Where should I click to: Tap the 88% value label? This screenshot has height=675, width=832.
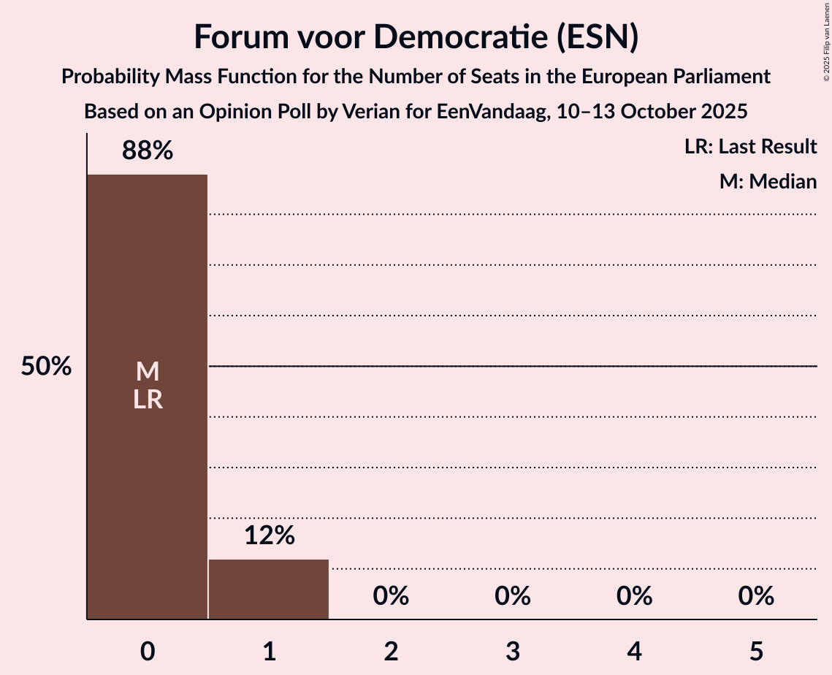click(148, 151)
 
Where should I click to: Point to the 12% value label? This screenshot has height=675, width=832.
click(269, 535)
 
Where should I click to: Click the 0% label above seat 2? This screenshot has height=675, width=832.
click(391, 596)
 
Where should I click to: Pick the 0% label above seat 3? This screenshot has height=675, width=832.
click(512, 596)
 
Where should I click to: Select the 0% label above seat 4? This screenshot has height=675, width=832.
click(634, 596)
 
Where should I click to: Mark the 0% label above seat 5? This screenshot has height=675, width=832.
click(755, 596)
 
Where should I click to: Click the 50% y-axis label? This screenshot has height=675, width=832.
click(46, 367)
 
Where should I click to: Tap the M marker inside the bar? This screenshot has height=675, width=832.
click(148, 372)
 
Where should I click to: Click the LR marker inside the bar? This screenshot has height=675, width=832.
click(148, 400)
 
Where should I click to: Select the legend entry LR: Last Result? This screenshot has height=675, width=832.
click(750, 147)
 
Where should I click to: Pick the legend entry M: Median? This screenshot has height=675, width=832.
click(768, 181)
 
